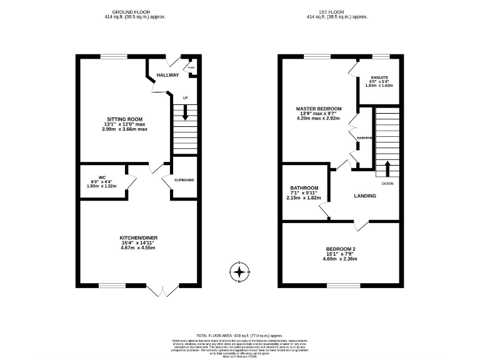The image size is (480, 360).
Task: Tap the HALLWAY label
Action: coord(167,75)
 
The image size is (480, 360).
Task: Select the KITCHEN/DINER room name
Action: coord(137,237)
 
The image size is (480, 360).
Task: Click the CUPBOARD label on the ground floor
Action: coord(184,181)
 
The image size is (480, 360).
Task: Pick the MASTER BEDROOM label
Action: coord(318,108)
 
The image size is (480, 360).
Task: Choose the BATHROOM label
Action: coord(304,187)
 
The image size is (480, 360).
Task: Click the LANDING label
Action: coord(365,196)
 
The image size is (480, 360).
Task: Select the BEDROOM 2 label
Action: coord(341,249)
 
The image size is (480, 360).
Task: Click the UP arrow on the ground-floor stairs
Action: coord(185,112)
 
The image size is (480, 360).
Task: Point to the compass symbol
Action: coord(239,272)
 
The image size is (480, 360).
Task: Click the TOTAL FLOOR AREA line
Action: coord(239,336)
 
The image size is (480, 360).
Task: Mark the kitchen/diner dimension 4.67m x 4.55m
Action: coord(137,248)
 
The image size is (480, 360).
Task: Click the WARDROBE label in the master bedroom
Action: coord(364,137)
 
